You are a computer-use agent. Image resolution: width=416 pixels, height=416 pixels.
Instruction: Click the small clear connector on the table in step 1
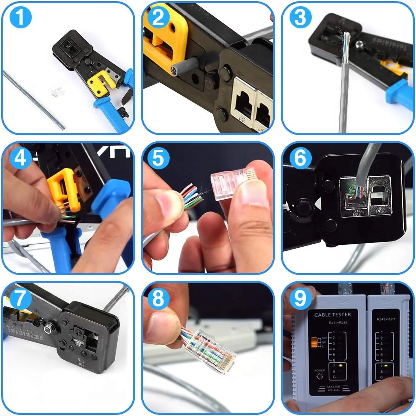point(56,92)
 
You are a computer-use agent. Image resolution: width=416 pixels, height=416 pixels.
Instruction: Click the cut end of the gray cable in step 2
point(174,68)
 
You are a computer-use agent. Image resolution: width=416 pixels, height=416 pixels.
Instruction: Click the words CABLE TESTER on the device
point(332,314)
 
